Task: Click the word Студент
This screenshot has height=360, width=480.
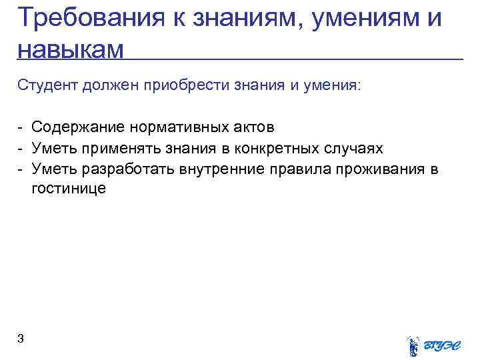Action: (49, 86)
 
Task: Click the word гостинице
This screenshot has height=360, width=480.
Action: (68, 189)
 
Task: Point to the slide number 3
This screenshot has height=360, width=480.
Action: (21, 339)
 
